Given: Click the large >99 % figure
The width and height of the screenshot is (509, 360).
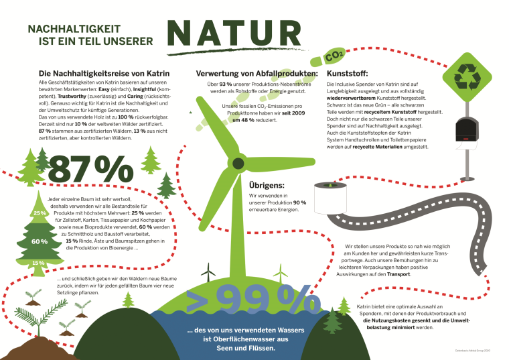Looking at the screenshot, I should tap(250, 302).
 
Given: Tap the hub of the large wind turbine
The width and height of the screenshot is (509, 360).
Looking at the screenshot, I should tap(237, 162).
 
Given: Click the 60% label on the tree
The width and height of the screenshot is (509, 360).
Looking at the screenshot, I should tap(38, 241).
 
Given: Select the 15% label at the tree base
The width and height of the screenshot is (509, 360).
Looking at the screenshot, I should tap(38, 263).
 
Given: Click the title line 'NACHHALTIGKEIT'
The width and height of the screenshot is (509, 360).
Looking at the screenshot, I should tap(70, 29).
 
